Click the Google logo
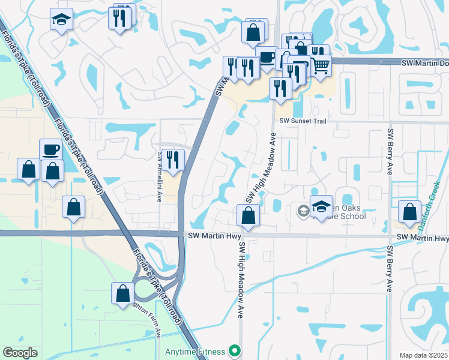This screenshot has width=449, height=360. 20,353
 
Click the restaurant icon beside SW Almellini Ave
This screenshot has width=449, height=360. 173,160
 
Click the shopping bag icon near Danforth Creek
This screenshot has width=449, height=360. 409,212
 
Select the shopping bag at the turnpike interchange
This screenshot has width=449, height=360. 122,293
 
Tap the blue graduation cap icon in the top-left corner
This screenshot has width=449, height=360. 61,20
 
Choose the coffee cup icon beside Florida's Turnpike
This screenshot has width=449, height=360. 50,150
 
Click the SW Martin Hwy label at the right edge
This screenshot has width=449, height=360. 423,239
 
